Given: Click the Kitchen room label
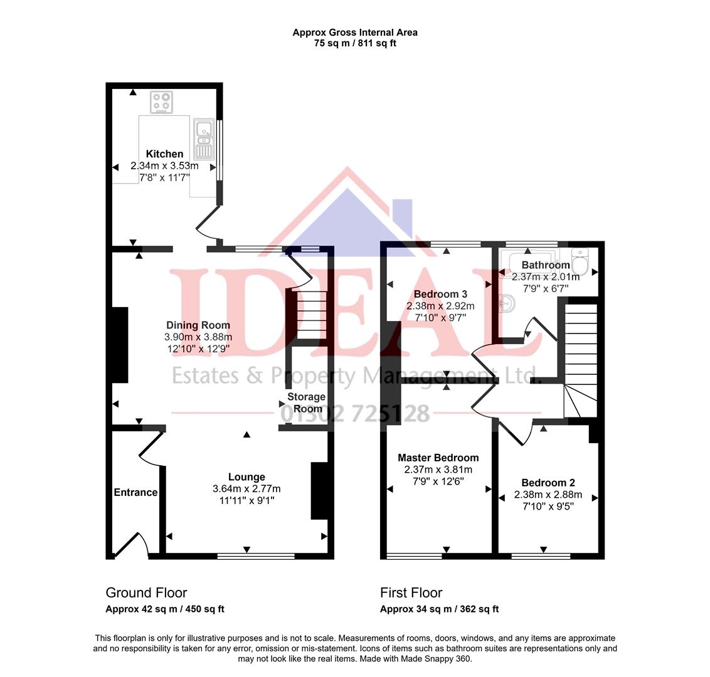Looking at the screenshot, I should pyautogui.click(x=164, y=154).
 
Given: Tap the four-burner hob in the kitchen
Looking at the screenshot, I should pyautogui.click(x=161, y=102).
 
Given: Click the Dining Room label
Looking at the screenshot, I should pyautogui.click(x=198, y=325).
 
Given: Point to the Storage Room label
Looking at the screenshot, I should pyautogui.click(x=306, y=402).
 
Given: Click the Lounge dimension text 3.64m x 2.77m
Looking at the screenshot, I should pyautogui.click(x=246, y=489).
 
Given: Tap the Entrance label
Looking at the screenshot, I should pyautogui.click(x=135, y=492).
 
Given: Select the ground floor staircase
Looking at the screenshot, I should pyautogui.click(x=307, y=317).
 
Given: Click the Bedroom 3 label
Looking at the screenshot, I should pyautogui.click(x=440, y=294).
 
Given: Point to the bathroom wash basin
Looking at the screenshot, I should pyautogui.click(x=507, y=305).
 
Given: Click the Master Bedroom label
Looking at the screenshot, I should pyautogui.click(x=438, y=458).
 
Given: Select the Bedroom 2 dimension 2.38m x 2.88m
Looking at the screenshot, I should pyautogui.click(x=548, y=495).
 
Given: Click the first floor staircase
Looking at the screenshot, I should pyautogui.click(x=580, y=357).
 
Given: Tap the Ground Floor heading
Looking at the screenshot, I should pyautogui.click(x=146, y=593).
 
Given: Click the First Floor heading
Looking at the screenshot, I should pyautogui.click(x=411, y=593).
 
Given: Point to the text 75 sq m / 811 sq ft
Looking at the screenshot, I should pyautogui.click(x=355, y=43).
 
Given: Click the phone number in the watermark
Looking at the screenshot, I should pyautogui.click(x=355, y=414).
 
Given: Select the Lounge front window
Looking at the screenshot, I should pyautogui.click(x=256, y=555).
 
